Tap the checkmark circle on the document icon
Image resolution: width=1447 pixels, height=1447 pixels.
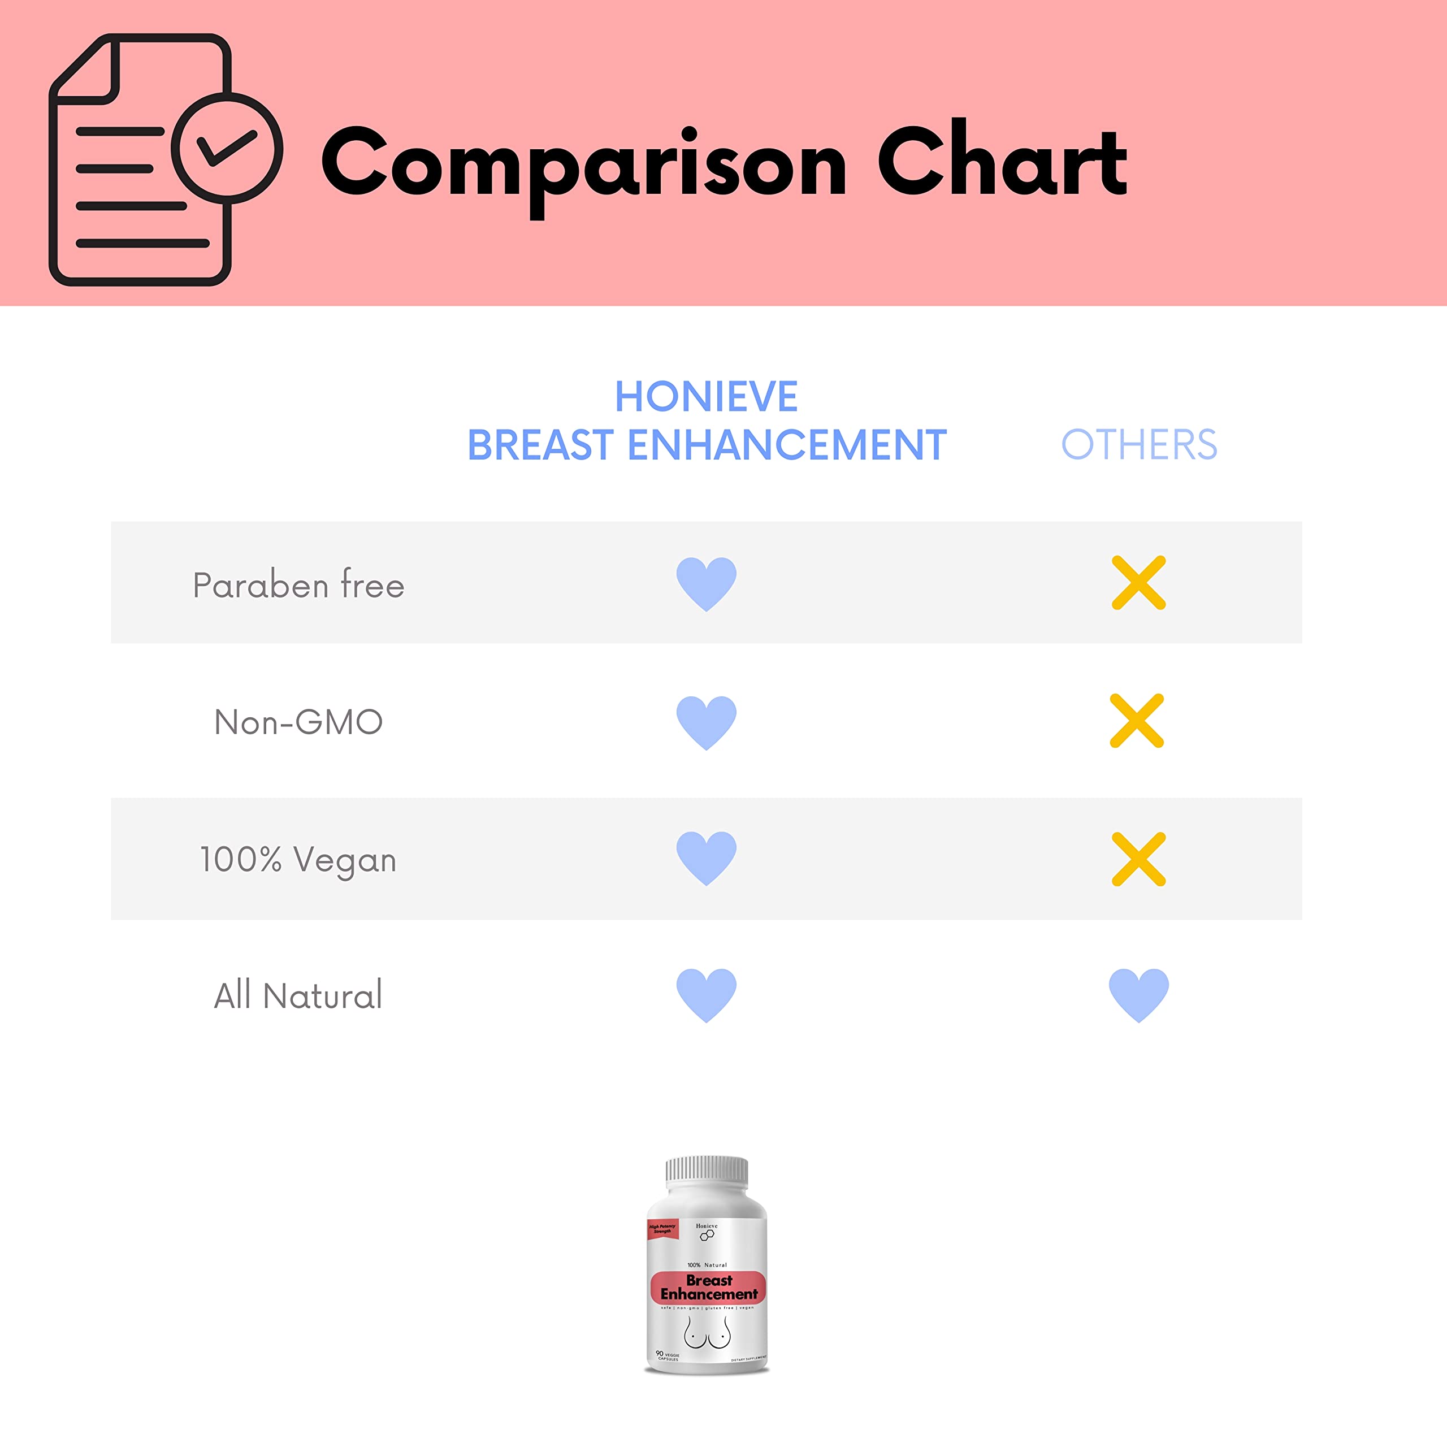point(227,148)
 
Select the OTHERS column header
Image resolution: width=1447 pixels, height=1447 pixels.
point(1138,445)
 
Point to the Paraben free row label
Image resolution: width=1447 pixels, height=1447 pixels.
point(298,585)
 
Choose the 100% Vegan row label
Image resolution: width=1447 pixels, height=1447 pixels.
point(298,860)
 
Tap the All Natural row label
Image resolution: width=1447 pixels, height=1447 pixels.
point(298,996)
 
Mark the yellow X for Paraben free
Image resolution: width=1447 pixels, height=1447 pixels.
point(1138,583)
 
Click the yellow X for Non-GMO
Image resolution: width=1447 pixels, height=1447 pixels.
point(1136,721)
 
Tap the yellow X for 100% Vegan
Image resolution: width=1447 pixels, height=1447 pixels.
point(1138,859)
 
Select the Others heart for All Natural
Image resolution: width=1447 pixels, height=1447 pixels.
point(1138,995)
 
